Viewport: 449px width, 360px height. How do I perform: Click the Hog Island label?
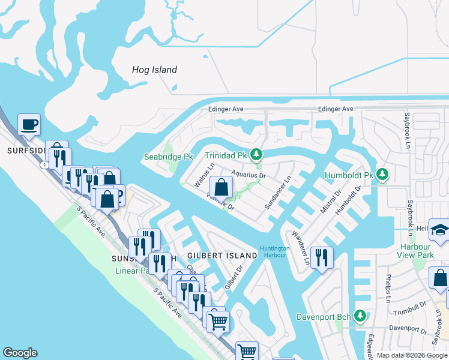154,70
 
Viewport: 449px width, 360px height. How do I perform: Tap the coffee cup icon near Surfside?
29,125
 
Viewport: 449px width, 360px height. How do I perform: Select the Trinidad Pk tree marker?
256,155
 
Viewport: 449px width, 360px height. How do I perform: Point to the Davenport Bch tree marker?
360,316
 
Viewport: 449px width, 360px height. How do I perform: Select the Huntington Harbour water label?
275,252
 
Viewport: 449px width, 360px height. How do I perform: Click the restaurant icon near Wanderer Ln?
322,258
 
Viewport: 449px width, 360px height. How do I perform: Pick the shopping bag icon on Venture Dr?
221,187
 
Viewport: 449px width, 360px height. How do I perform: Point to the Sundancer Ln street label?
278,192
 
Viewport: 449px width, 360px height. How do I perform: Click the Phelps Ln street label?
388,290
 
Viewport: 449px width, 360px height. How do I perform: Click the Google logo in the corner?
20,353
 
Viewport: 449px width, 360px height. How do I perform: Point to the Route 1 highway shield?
45,164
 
